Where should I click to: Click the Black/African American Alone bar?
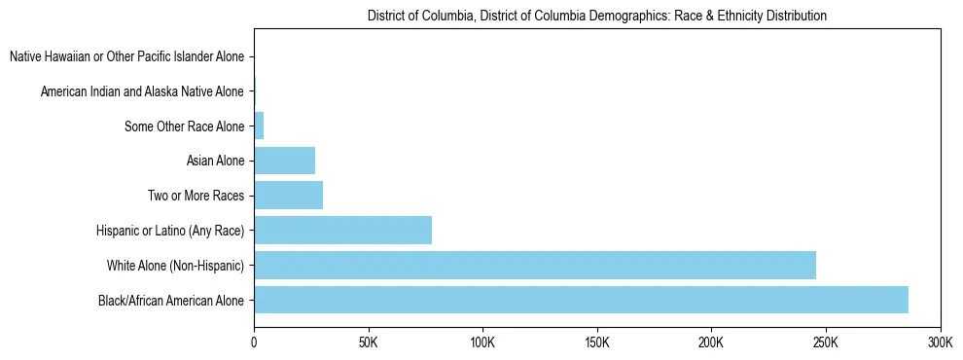coord(581,300)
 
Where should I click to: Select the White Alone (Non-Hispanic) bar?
coord(535,265)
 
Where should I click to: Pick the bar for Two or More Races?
coord(288,196)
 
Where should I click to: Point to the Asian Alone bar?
coord(284,161)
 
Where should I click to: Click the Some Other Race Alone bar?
coord(259,126)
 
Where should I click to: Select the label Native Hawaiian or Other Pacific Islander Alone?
coord(126,57)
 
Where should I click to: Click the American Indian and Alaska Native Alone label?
coord(142,91)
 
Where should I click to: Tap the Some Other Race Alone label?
coord(185,126)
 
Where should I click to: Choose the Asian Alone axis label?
coord(215,161)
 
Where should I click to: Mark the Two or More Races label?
coord(196,196)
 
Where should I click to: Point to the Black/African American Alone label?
coord(171,300)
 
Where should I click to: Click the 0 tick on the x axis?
coord(254,342)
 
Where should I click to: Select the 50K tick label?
coord(368,342)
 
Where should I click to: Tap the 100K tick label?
coord(482,342)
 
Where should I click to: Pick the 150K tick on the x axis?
coord(597,342)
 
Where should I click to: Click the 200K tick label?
coord(711,342)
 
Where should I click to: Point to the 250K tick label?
coord(826,342)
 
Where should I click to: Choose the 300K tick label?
coord(940,342)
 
